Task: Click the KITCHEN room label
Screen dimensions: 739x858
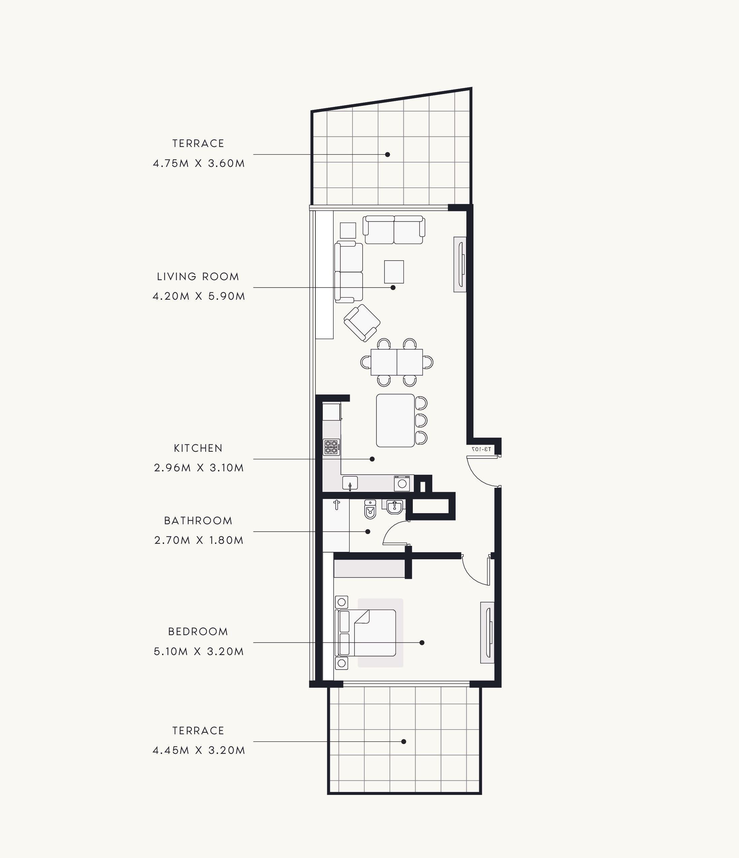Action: click(198, 448)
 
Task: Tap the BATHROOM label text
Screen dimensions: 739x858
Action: click(198, 521)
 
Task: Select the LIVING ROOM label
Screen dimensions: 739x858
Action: click(198, 276)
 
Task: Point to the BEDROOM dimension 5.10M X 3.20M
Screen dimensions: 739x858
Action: click(199, 651)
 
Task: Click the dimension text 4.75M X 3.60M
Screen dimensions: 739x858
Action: click(199, 163)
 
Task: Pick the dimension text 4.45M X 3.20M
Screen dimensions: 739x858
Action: click(199, 750)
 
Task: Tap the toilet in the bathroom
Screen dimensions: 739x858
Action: click(370, 509)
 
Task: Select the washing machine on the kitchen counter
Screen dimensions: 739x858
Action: click(402, 483)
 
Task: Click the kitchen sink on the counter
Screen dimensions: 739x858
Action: click(350, 483)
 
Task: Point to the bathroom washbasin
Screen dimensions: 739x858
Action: click(394, 507)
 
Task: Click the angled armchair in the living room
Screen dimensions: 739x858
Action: click(362, 323)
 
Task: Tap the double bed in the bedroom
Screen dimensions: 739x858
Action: click(366, 633)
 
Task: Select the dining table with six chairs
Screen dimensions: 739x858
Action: click(397, 362)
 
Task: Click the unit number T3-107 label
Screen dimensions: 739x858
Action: click(482, 449)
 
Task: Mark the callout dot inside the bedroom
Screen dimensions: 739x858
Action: click(422, 643)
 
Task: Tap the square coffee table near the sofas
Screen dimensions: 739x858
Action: click(394, 272)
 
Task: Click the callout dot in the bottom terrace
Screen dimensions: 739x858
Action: click(404, 742)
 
